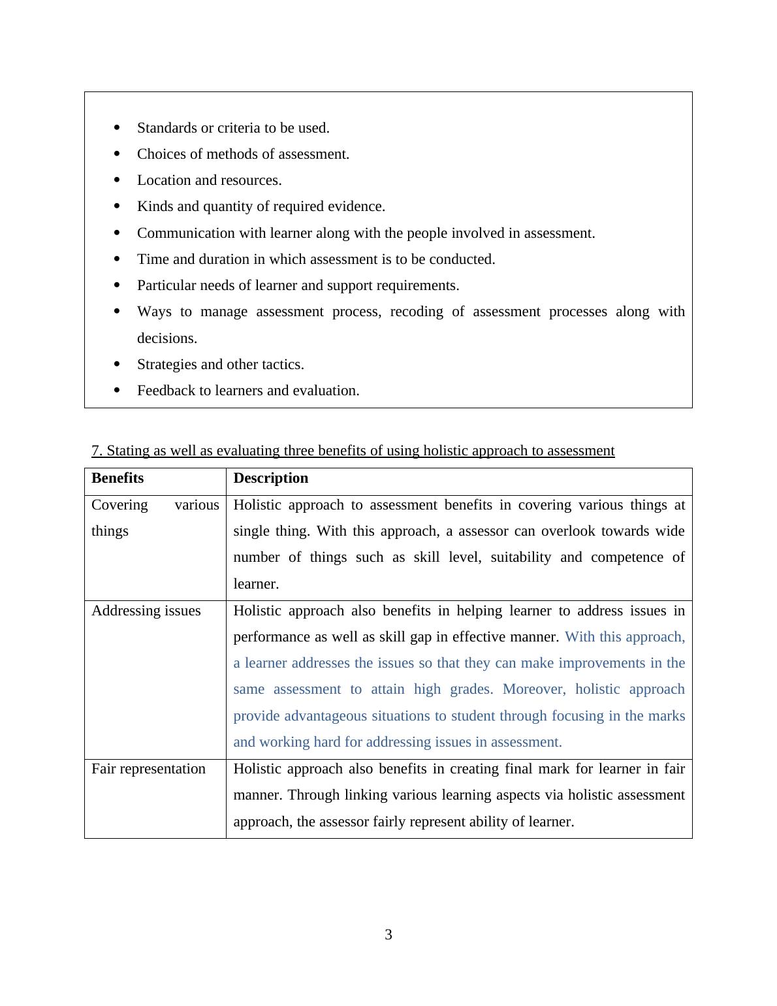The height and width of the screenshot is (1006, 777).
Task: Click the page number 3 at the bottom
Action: tap(388, 935)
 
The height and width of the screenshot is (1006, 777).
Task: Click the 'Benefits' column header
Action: tap(118, 478)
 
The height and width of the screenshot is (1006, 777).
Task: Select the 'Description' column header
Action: tap(270, 478)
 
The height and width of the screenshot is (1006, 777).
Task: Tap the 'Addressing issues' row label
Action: tap(146, 611)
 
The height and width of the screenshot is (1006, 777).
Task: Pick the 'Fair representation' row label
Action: tap(148, 769)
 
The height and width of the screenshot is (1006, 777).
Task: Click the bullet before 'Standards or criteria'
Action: tap(117, 127)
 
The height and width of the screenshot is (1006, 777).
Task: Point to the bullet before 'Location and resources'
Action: tap(117, 180)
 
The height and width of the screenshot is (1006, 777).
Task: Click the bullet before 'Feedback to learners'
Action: tap(117, 390)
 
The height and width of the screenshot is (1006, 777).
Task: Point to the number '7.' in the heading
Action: tap(97, 451)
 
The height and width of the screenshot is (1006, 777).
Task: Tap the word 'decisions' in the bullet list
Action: tap(166, 338)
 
